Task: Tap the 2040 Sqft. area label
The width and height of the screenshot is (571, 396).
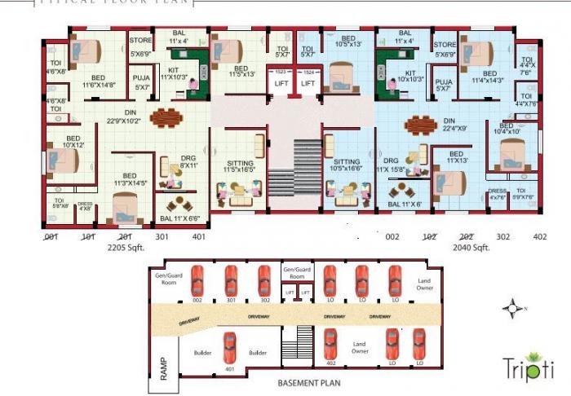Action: coord(470,248)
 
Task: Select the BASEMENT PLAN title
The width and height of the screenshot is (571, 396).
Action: coord(308,382)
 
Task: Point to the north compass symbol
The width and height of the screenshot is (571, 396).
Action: coord(512,308)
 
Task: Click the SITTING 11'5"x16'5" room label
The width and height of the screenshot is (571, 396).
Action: coord(240,168)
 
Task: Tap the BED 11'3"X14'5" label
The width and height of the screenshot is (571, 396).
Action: coord(129,179)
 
